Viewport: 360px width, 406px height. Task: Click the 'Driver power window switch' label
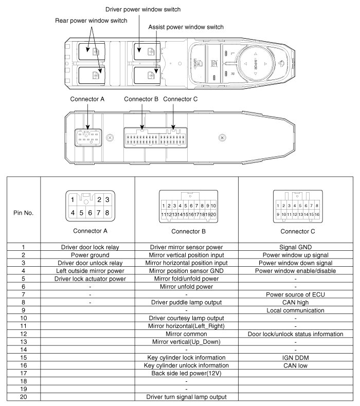point(143,9)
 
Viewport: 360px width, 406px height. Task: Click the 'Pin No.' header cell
point(24,212)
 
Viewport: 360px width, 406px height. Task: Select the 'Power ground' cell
point(90,254)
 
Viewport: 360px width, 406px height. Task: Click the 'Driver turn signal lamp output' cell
point(186,397)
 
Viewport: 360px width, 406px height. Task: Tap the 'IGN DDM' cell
point(295,357)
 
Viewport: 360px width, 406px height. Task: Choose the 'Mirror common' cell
point(186,334)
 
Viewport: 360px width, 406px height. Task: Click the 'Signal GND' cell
point(295,247)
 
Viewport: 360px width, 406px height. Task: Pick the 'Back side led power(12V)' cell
point(186,373)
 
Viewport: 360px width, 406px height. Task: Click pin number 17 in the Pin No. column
point(24,373)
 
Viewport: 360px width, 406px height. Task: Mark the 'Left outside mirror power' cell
point(90,270)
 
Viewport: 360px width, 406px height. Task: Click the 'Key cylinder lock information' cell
point(186,357)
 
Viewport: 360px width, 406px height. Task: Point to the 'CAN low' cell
point(295,365)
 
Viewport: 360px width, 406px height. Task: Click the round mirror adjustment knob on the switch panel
point(256,63)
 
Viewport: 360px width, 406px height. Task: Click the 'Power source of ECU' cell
point(295,294)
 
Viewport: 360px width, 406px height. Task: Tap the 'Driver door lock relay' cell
point(90,247)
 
